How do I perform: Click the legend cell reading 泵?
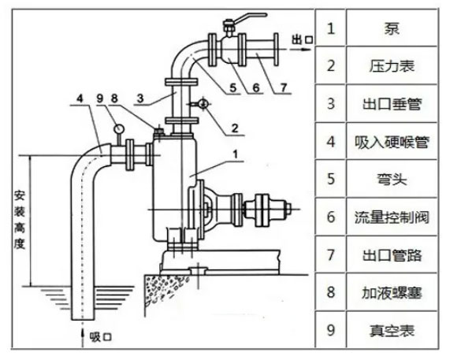391,29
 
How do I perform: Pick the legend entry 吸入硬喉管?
391,142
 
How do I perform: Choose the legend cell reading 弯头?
391,180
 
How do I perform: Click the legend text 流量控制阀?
391,217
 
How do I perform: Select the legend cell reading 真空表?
391,329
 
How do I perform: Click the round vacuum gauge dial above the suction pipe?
117,125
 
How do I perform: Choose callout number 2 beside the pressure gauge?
214,124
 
